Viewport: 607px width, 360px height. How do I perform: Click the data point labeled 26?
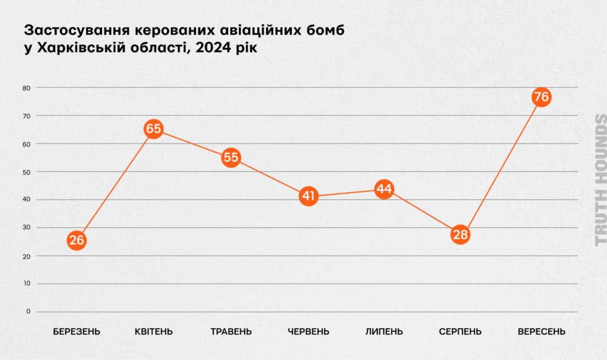76,240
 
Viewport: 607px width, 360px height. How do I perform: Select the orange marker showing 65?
153,130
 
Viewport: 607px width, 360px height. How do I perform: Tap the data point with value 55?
231,157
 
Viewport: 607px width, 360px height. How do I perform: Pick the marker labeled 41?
308,197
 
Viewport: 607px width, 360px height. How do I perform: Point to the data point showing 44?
384,188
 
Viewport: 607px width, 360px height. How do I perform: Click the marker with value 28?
461,235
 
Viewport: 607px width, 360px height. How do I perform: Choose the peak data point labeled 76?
541,97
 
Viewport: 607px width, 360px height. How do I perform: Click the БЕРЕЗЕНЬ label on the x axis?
76,332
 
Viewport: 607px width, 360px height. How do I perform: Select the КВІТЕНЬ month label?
154,332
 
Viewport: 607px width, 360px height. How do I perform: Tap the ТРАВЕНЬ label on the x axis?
231,332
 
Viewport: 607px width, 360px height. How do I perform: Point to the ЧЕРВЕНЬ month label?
308,332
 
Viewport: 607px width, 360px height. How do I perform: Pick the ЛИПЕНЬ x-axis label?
384,332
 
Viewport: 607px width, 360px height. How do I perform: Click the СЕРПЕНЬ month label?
461,332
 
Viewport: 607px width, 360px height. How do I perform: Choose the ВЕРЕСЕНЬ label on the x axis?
541,332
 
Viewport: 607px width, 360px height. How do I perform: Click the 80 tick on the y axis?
26,88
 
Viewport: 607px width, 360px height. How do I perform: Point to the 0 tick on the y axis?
28,312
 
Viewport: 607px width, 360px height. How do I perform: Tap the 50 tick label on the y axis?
26,172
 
